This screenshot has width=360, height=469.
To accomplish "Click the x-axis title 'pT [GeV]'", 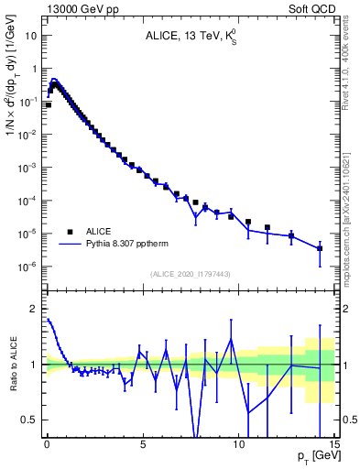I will (314, 455).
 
